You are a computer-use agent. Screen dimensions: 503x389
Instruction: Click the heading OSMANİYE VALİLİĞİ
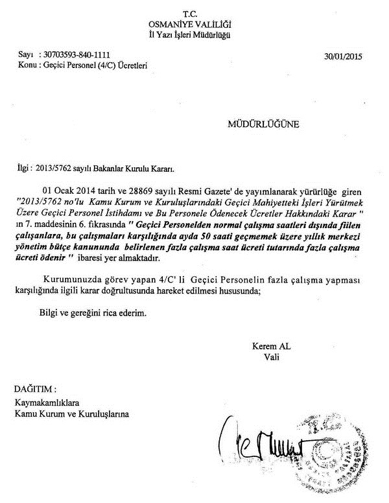coord(189,23)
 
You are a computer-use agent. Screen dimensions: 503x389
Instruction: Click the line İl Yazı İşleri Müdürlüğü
coord(190,34)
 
